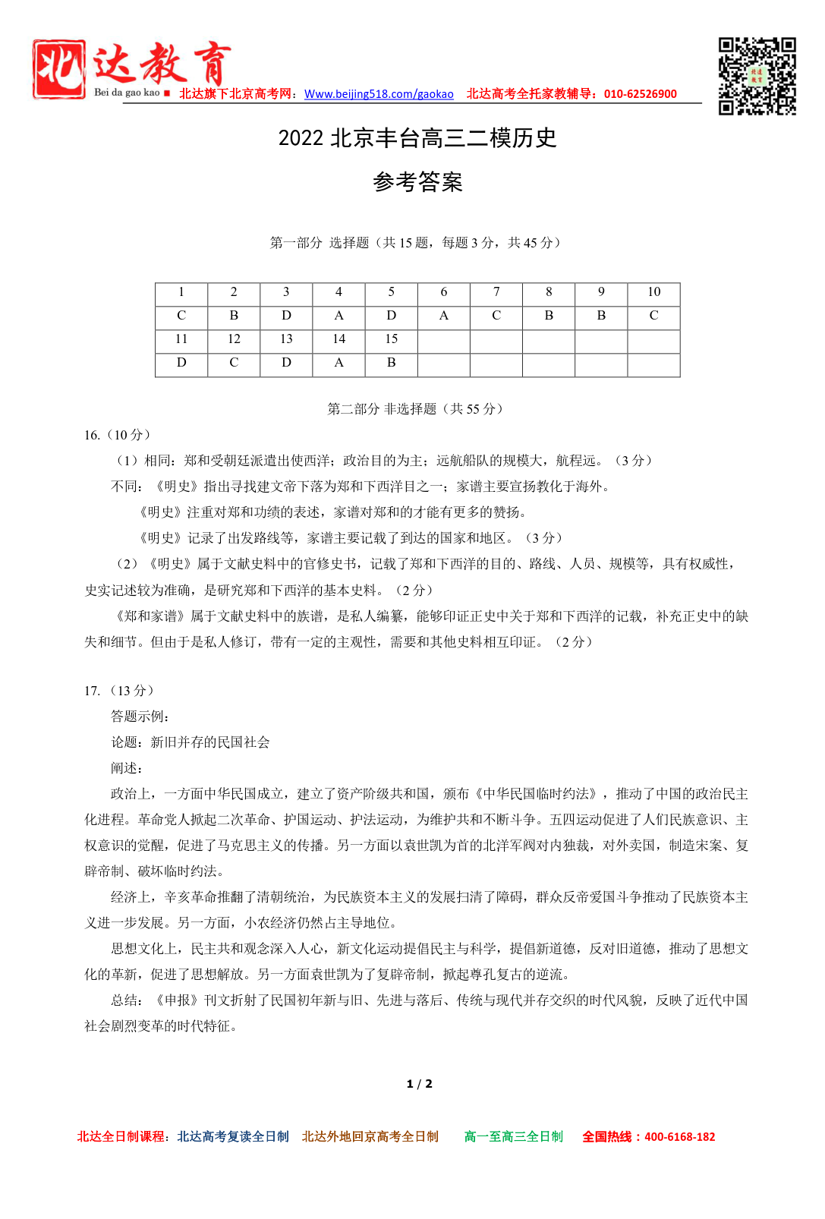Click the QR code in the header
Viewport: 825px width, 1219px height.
click(x=757, y=76)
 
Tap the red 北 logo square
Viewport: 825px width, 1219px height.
click(x=58, y=69)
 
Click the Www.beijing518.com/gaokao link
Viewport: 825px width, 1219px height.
click(x=379, y=94)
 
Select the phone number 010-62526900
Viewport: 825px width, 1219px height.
click(x=640, y=94)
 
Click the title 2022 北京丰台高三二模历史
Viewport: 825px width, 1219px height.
click(x=417, y=138)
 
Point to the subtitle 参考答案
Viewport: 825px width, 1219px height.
click(x=417, y=182)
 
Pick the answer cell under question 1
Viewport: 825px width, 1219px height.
click(x=181, y=316)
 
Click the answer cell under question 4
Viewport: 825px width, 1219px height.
click(x=339, y=316)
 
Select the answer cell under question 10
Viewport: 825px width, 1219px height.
click(x=653, y=316)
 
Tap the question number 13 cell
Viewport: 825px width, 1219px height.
click(x=286, y=339)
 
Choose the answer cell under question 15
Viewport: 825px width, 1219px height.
click(x=391, y=363)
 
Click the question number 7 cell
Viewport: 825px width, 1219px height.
click(x=496, y=292)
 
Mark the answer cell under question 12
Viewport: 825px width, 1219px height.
click(x=234, y=363)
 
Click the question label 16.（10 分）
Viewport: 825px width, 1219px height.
click(x=118, y=435)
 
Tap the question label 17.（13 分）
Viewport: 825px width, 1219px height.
click(x=119, y=691)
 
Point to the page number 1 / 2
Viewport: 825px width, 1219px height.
click(x=419, y=1084)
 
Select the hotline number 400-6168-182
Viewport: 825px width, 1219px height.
click(x=679, y=1137)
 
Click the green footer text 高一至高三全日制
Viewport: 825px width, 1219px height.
click(x=514, y=1137)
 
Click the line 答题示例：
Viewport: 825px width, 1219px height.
click(x=140, y=717)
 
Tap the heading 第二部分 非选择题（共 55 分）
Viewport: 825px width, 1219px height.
click(x=415, y=409)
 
